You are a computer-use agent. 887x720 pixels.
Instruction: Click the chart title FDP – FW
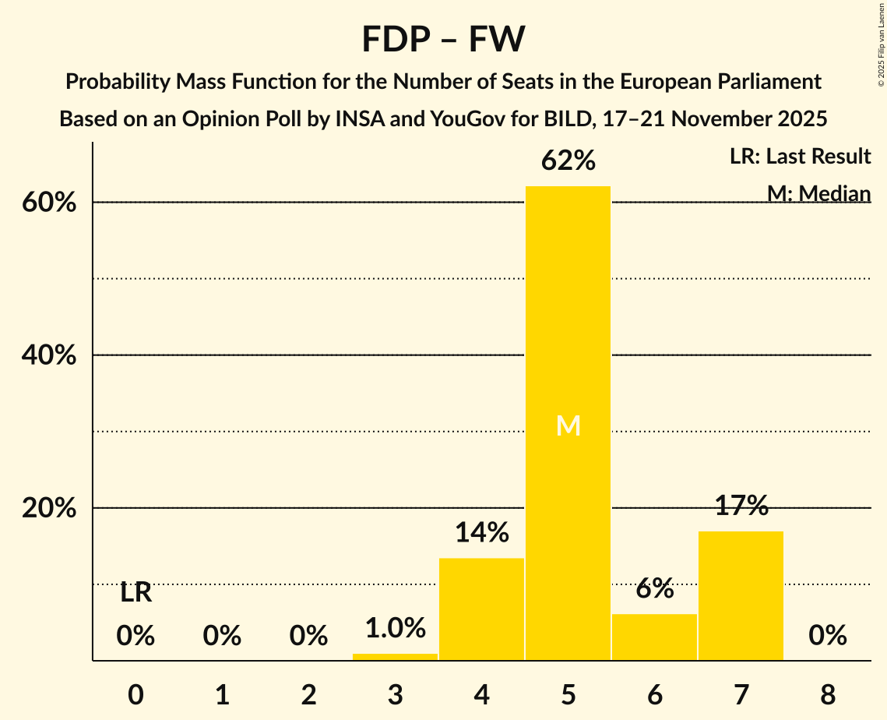click(x=443, y=39)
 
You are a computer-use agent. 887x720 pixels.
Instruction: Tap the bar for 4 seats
click(x=481, y=609)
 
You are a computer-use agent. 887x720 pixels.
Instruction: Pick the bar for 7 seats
click(x=741, y=595)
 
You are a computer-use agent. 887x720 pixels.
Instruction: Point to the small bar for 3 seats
click(x=395, y=657)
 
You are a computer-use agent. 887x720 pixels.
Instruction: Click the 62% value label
click(x=568, y=161)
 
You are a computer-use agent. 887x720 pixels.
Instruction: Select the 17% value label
click(x=741, y=506)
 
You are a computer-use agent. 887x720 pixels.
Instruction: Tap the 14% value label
click(x=481, y=533)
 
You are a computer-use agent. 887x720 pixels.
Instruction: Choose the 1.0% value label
click(x=395, y=628)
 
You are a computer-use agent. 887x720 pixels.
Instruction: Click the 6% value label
click(x=654, y=589)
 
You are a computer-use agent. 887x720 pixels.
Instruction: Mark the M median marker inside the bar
click(x=568, y=425)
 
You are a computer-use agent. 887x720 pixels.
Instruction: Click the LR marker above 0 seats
click(x=136, y=593)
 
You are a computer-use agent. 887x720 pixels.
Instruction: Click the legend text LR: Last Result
click(x=800, y=157)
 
